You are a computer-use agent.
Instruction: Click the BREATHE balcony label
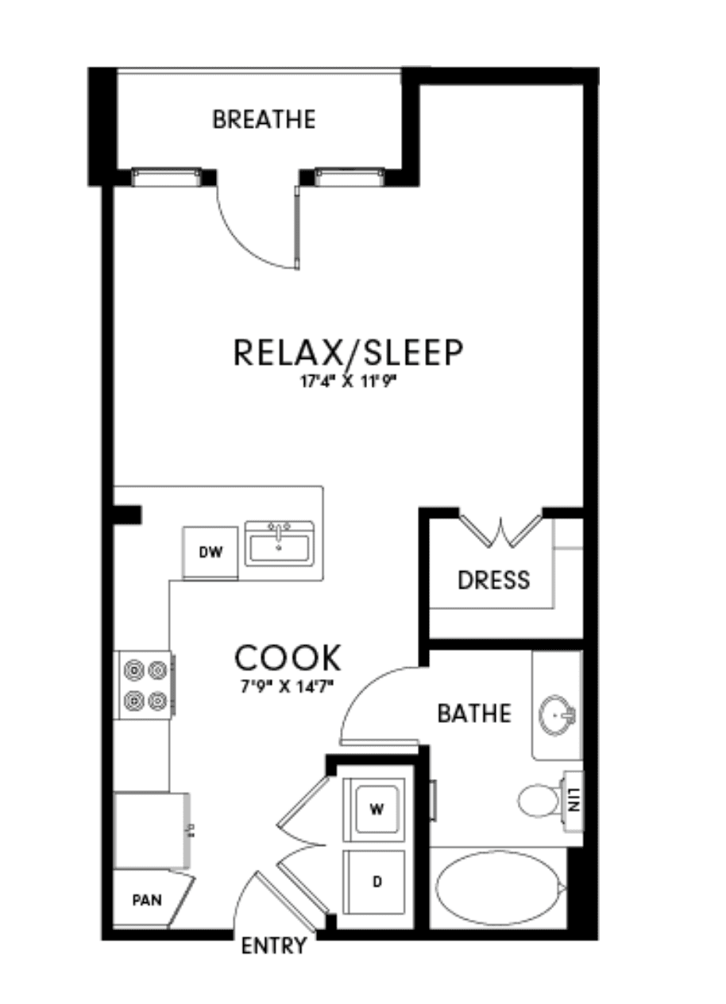tap(264, 119)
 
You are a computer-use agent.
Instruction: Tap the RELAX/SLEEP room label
tap(348, 353)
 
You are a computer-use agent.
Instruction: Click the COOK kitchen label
tap(288, 658)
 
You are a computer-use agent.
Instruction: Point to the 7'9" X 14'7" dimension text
tap(288, 685)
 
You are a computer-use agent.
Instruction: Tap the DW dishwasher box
tap(210, 553)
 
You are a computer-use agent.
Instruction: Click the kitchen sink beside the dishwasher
tap(279, 544)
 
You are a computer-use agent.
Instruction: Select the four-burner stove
tap(145, 685)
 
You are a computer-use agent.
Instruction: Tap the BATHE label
tap(474, 713)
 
